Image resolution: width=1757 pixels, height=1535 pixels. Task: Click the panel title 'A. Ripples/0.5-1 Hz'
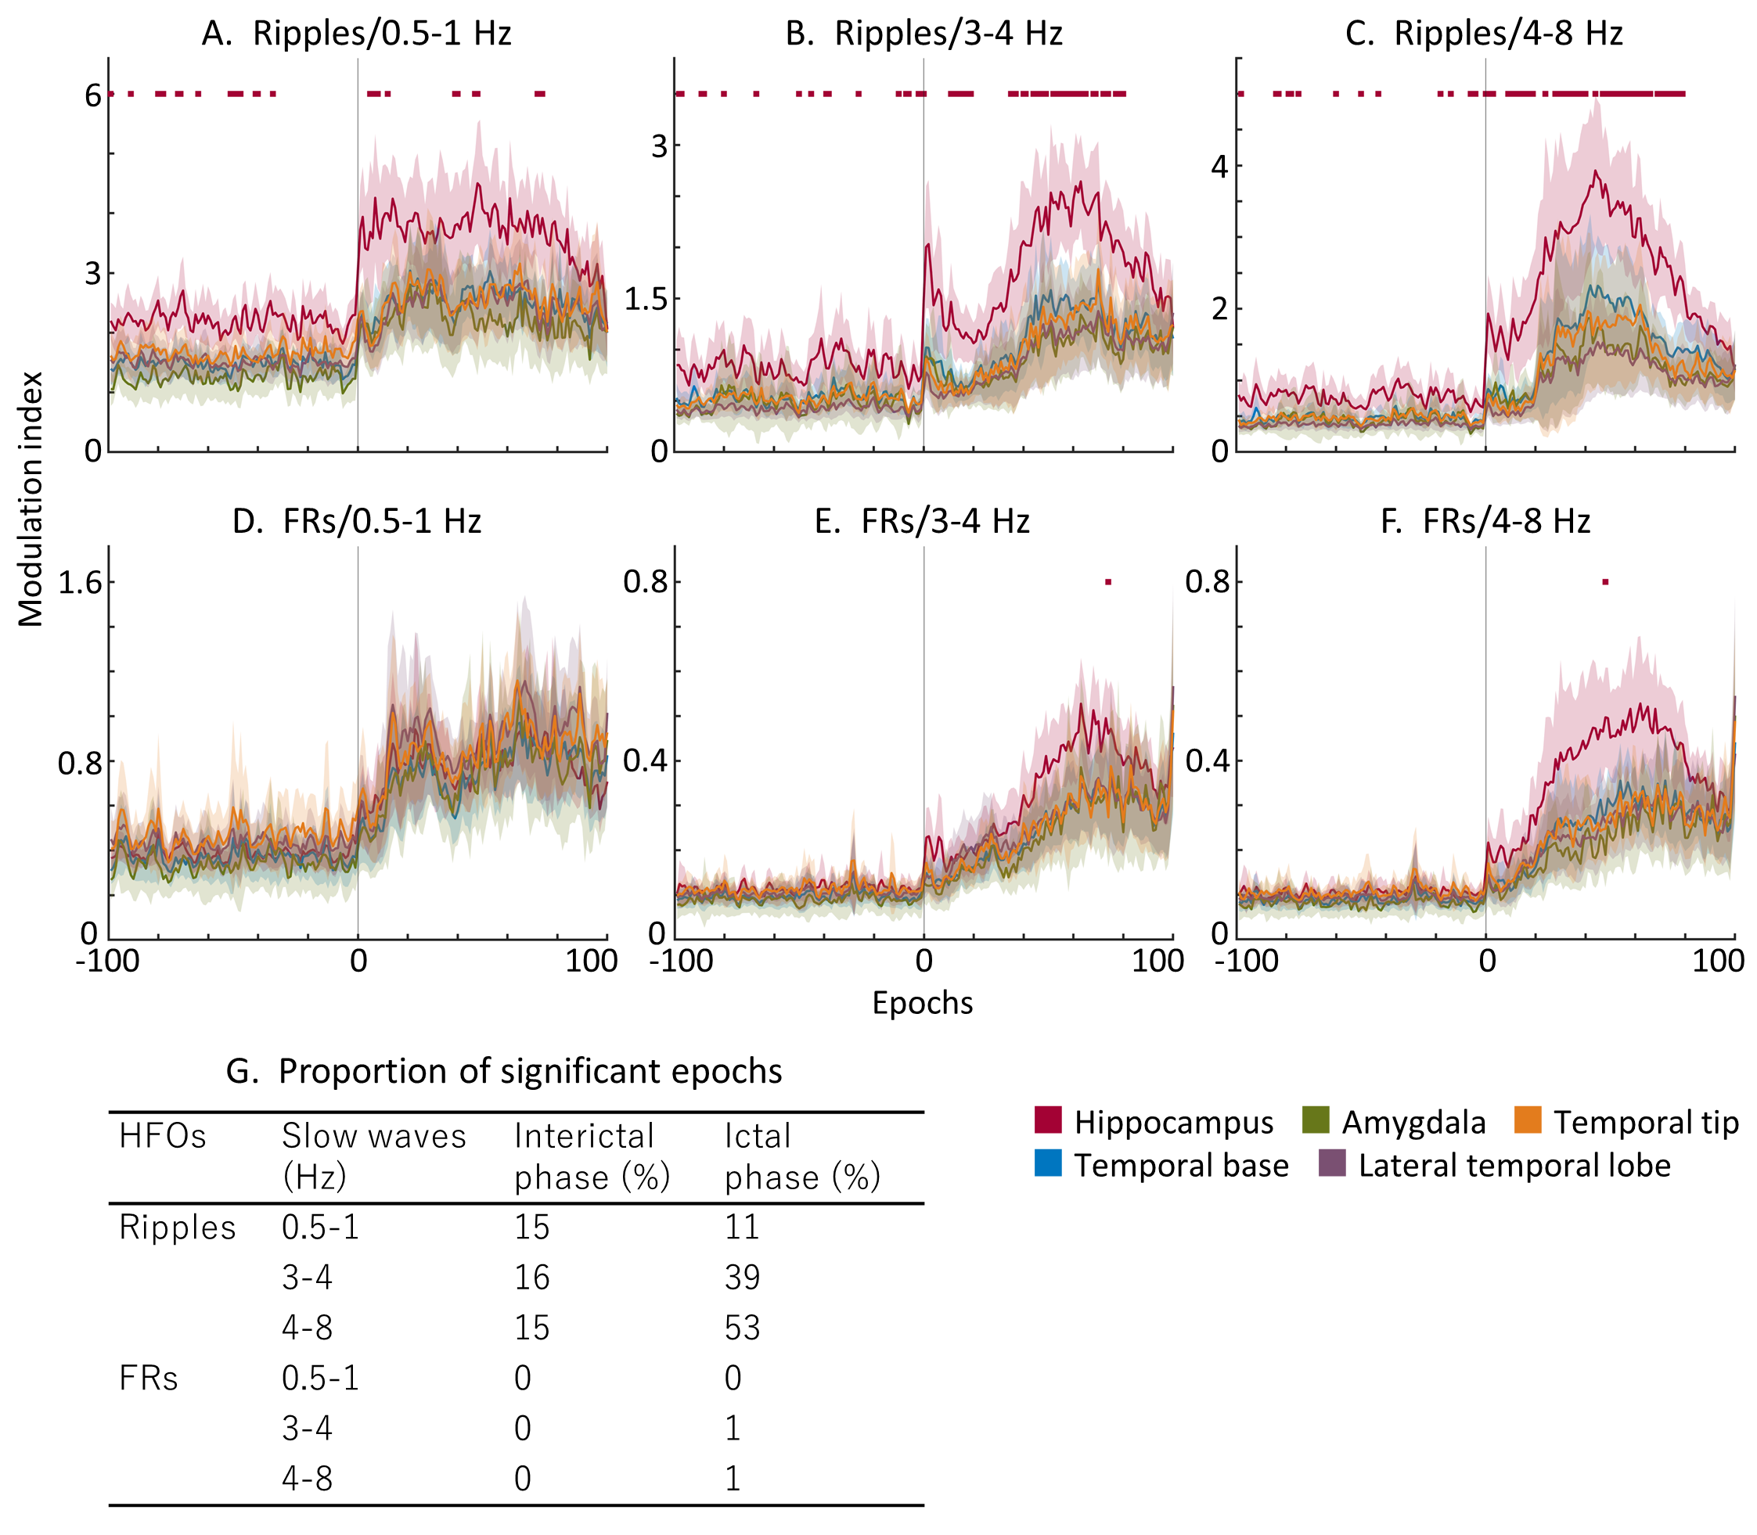click(356, 34)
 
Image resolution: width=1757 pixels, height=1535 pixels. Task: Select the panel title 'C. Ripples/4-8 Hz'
click(1485, 34)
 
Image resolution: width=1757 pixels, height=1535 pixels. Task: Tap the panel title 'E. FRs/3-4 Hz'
click(922, 521)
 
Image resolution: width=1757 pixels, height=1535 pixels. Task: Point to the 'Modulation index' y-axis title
click(31, 498)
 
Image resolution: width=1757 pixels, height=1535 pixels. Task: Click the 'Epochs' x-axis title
click(923, 1003)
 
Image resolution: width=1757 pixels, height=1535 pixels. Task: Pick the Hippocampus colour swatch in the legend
click(1048, 1120)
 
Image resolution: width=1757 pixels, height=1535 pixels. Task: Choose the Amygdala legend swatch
click(1315, 1120)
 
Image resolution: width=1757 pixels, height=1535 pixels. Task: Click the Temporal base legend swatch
click(1048, 1163)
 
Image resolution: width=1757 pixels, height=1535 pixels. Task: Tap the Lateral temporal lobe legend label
click(1514, 1166)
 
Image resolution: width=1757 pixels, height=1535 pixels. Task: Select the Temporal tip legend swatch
click(1528, 1120)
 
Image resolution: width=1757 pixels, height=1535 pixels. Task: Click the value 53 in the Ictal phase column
click(742, 1328)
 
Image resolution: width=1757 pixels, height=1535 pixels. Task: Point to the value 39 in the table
click(742, 1277)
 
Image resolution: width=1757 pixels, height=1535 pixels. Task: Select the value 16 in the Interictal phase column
click(531, 1277)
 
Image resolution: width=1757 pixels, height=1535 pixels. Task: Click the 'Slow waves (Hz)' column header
click(373, 1156)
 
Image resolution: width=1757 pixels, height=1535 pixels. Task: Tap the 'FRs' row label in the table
click(148, 1379)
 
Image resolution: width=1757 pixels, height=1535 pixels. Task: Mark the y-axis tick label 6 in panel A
click(92, 95)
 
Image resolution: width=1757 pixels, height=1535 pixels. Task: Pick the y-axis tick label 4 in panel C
click(1219, 166)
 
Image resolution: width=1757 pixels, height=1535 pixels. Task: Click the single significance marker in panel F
click(1604, 583)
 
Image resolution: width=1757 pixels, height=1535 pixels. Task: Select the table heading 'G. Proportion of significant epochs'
click(504, 1072)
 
